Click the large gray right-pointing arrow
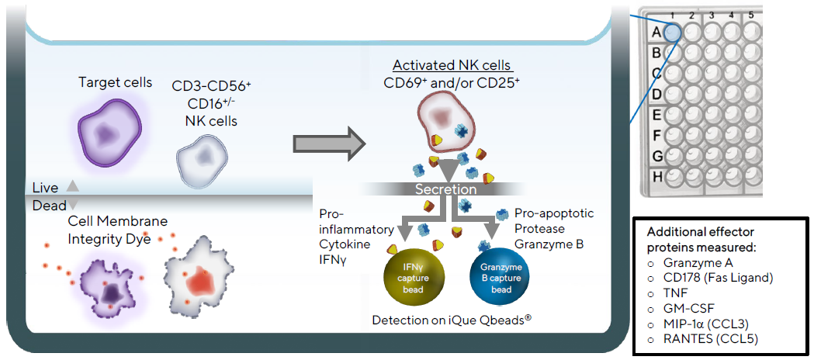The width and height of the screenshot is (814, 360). point(328,144)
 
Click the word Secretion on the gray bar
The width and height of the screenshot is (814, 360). point(445,189)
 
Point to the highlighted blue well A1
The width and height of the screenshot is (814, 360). point(673,31)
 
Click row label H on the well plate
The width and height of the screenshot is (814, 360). point(656,176)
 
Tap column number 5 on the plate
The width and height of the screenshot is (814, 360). point(750,15)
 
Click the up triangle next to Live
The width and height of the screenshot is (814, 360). point(72,186)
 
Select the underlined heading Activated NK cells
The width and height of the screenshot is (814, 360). point(452,65)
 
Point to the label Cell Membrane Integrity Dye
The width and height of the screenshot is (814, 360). point(117,230)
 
